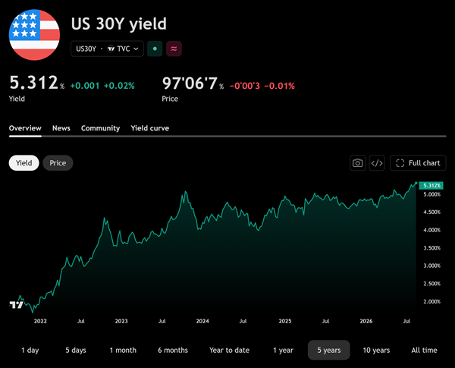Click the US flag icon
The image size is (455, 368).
tap(34, 35)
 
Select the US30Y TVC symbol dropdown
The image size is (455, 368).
tap(107, 49)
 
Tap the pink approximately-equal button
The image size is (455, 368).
tap(174, 49)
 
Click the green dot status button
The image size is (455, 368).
tap(155, 49)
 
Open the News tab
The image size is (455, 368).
tap(61, 128)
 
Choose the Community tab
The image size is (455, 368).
tap(100, 128)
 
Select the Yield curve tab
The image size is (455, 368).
tap(149, 128)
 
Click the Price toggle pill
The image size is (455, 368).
tap(58, 163)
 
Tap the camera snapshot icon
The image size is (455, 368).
tap(357, 163)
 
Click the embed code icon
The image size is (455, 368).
tap(377, 163)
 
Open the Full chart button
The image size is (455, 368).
tap(418, 163)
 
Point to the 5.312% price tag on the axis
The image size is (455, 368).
tap(431, 185)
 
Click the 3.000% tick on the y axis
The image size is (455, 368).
tap(431, 266)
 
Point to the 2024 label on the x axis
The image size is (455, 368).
tap(202, 321)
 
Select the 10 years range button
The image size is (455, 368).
tap(376, 350)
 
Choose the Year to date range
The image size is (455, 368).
tap(229, 350)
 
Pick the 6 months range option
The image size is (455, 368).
tap(173, 350)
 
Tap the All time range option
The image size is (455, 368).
tap(424, 350)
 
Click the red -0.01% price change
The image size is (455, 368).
tap(279, 86)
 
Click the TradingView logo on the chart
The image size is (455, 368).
tap(16, 305)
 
